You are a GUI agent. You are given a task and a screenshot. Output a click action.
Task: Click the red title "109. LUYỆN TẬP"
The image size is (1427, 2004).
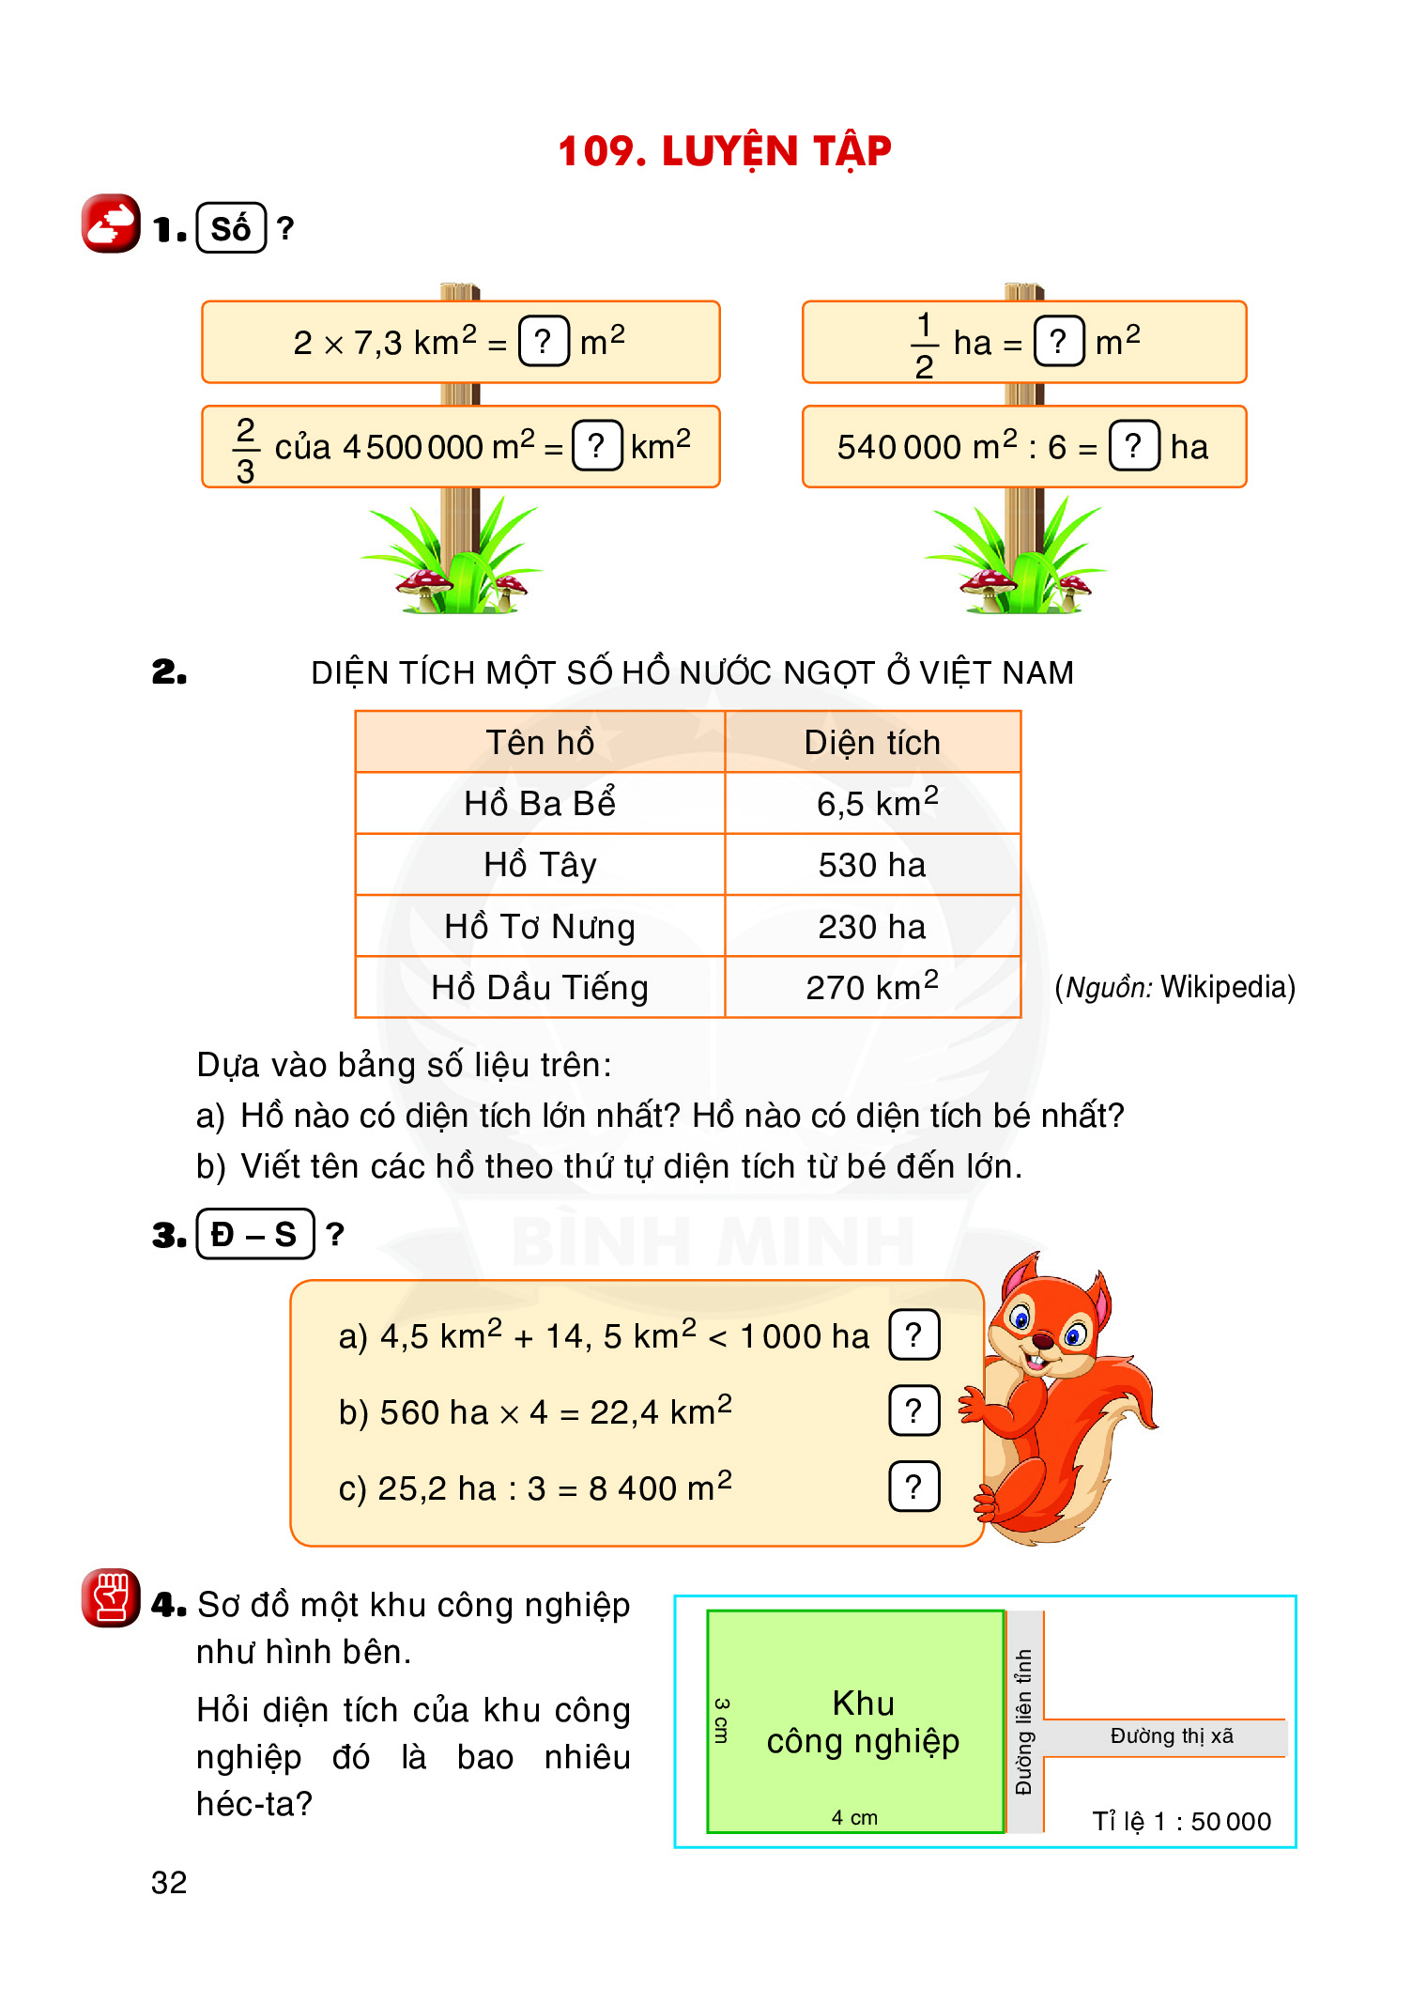[x=724, y=151]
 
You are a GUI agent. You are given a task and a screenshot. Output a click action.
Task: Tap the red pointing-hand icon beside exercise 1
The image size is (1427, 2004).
[x=111, y=224]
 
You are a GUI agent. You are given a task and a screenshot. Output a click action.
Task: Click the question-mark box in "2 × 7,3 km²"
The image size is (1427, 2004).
[x=544, y=341]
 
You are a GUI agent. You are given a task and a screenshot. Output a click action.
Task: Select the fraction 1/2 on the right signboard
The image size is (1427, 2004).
[x=924, y=345]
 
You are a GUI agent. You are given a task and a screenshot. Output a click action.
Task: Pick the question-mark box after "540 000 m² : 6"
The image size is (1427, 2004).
[x=1133, y=445]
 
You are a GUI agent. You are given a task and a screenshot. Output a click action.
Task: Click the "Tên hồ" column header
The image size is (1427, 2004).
[x=540, y=743]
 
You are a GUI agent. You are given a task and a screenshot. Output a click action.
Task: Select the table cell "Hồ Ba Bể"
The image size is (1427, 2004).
[x=540, y=804]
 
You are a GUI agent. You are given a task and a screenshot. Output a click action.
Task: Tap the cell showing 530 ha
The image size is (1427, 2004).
[x=871, y=865]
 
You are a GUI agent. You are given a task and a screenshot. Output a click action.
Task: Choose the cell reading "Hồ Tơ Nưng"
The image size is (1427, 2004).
[x=540, y=927]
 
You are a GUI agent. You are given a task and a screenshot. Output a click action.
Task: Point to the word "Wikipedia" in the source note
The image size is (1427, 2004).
[x=1226, y=987]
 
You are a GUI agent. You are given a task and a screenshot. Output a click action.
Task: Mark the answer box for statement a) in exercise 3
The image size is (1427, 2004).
[x=913, y=1334]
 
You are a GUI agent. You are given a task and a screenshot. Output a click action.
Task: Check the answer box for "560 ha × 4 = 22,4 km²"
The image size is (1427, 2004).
[x=913, y=1411]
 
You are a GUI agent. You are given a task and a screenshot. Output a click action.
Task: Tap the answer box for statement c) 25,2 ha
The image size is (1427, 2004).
[x=913, y=1487]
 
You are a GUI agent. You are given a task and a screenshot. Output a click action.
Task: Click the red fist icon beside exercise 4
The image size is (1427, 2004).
[x=111, y=1597]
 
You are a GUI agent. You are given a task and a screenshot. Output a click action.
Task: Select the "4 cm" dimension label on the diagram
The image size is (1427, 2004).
[x=854, y=1818]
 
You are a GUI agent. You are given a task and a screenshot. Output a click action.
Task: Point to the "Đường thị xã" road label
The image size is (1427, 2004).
[x=1172, y=1736]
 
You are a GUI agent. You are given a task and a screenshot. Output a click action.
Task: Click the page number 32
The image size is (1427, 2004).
[x=169, y=1883]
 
